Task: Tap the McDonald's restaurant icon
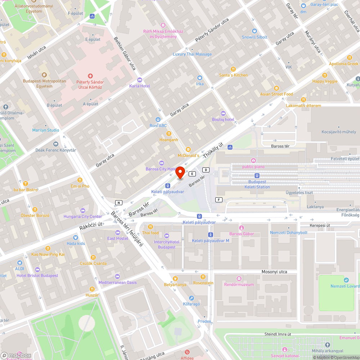[x=188, y=149]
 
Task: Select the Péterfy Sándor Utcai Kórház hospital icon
[x=90, y=76]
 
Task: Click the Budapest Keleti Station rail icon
[x=257, y=176]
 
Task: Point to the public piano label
[x=253, y=167]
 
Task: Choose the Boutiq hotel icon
[x=223, y=113]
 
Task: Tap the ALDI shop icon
[x=19, y=263]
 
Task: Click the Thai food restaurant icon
[x=150, y=227]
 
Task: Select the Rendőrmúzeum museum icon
[x=239, y=279]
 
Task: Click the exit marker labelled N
[x=118, y=203]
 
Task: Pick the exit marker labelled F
[x=218, y=199]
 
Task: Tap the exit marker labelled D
[x=206, y=170]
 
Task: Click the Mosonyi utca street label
[x=274, y=272]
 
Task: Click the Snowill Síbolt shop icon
[x=255, y=31]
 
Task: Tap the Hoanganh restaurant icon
[x=168, y=134]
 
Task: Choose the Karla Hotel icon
[x=140, y=80]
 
